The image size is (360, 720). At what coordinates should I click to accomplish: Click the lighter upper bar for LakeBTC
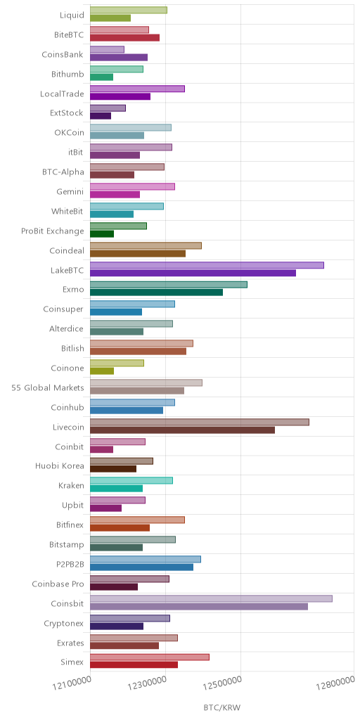coord(207,265)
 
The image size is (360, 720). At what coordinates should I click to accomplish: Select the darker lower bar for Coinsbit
coord(199,607)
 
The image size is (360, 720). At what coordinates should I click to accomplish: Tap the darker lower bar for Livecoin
coord(182,430)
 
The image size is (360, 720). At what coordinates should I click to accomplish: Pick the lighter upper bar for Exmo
coord(169,285)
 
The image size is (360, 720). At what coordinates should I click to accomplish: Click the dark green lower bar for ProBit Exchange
coord(102,233)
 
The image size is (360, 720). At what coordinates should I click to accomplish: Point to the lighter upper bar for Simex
coord(150,657)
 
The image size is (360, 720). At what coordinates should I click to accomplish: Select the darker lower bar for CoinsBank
coord(119,58)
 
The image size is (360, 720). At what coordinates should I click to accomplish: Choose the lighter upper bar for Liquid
coord(129,10)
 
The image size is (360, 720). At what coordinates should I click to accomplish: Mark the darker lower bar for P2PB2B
coord(141,567)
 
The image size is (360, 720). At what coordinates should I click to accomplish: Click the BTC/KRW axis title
coord(221,707)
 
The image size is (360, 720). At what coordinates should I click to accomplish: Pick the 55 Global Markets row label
coord(48,387)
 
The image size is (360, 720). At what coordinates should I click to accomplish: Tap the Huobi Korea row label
coord(60,466)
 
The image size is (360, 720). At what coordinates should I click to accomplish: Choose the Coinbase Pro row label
coord(58,584)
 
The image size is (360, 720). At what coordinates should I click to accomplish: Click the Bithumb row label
coord(68,75)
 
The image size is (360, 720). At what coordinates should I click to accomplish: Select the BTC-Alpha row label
coord(63,172)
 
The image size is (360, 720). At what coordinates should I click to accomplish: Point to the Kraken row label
coord(72,486)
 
